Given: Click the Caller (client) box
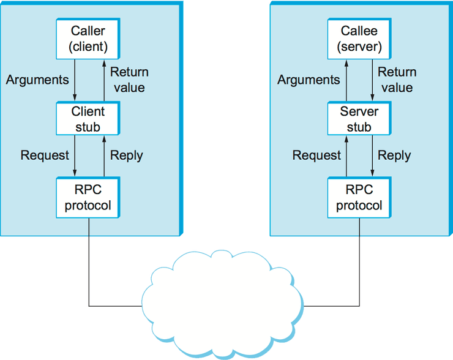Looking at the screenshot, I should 88,39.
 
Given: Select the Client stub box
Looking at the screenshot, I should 88,119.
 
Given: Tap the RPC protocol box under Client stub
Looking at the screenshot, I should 88,197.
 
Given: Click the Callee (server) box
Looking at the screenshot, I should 359,39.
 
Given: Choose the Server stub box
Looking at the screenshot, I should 359,119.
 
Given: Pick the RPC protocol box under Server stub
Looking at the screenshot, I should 359,197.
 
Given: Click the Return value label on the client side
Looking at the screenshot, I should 128,80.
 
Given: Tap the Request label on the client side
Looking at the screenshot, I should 45,156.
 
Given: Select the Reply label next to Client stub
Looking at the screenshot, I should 126,156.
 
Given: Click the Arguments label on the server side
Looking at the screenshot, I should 309,80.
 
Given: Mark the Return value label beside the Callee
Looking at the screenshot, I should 396,80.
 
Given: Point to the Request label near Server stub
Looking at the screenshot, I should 316,156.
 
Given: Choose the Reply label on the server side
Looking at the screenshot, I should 394,156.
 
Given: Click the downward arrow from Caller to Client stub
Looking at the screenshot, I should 75,80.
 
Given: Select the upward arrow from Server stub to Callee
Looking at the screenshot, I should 346,80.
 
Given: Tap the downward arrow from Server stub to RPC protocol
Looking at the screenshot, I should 372,156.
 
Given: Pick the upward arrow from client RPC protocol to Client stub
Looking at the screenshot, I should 101,156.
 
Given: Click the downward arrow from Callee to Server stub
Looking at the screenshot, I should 372,80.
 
